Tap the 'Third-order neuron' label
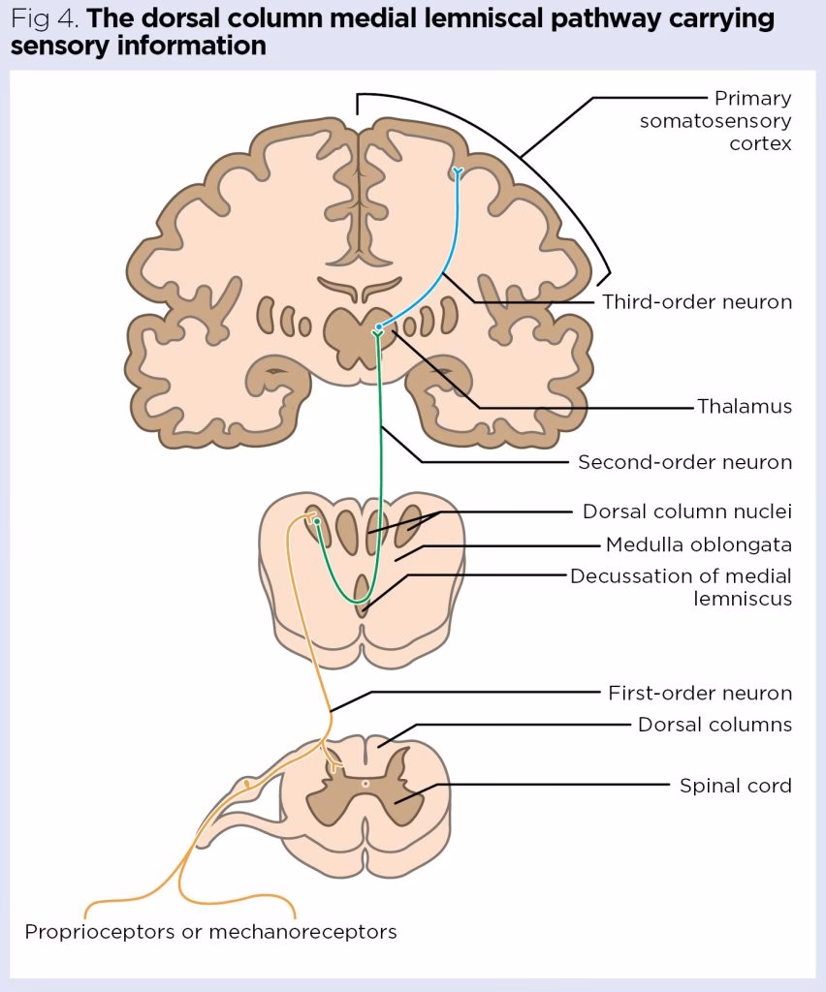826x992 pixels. pos(696,301)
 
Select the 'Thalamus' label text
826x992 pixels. pos(744,406)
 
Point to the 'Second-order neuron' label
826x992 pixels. pos(684,462)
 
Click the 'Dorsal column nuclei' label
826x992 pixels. pos(686,511)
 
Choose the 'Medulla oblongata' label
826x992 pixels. pos(698,543)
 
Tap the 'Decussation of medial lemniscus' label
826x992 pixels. pos(681,587)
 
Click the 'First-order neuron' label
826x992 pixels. pos(699,693)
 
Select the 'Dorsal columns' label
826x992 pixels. pos(715,725)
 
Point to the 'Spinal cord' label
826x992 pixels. pos(735,785)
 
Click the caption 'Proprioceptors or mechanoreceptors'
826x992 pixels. pos(210,932)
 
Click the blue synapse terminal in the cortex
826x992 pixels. pos(457,172)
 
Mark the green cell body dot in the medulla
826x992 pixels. pos(316,521)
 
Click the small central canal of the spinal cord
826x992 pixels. pos(365,783)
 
